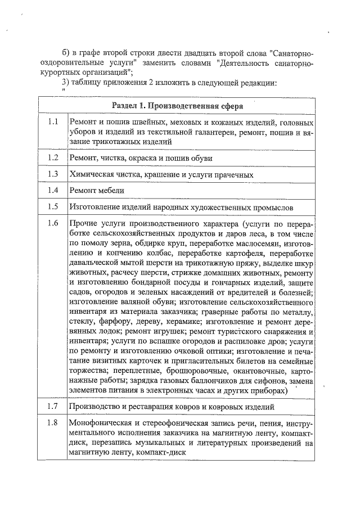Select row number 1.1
[x=53, y=122]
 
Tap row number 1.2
[x=53, y=157]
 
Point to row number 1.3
[x=53, y=174]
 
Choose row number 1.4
[x=53, y=190]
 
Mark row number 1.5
[x=53, y=206]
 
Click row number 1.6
[x=53, y=223]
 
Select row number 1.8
[x=53, y=423]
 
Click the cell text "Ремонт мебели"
[x=96, y=191]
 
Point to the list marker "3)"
[x=66, y=83]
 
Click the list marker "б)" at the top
[x=67, y=52]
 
